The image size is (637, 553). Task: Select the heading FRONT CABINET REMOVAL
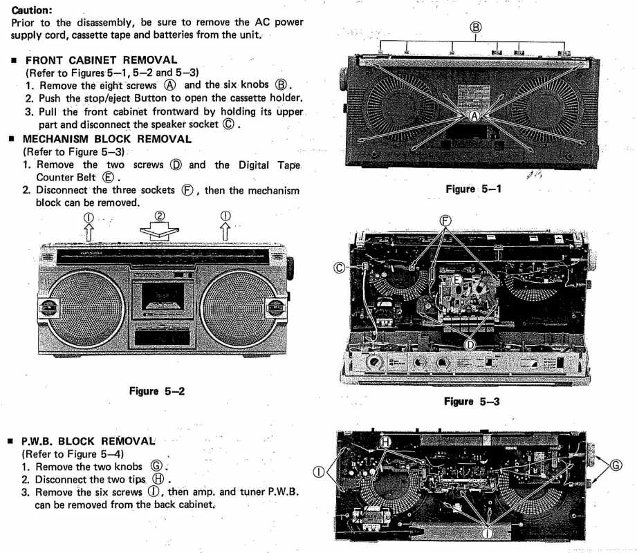tap(101, 60)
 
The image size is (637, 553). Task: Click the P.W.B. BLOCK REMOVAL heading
tap(89, 440)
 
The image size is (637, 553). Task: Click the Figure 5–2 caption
tap(157, 391)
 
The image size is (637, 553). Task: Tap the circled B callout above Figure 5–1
tap(476, 28)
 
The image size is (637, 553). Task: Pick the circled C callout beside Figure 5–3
tap(340, 266)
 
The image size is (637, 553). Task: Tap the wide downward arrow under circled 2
tap(158, 231)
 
